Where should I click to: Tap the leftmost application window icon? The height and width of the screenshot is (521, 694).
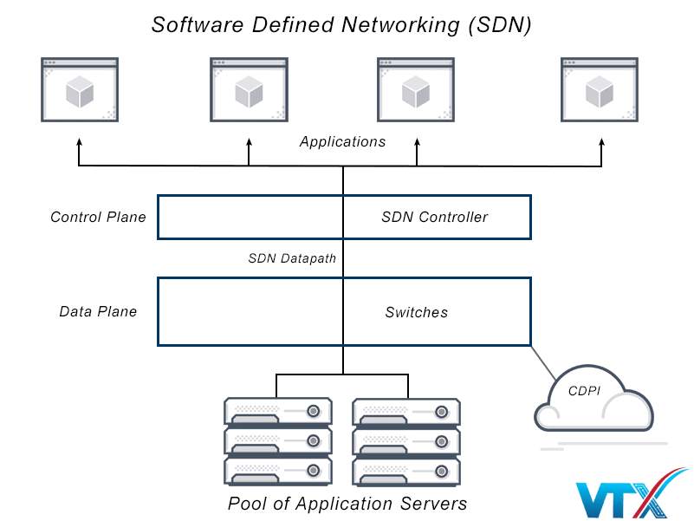tap(80, 89)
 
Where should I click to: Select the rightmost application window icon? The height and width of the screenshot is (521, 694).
tap(600, 89)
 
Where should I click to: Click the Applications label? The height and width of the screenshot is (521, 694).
tap(343, 142)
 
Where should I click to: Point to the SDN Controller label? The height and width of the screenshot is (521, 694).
tap(435, 218)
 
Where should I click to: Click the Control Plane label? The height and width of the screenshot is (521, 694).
tap(98, 218)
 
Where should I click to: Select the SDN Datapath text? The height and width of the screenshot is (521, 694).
tap(292, 258)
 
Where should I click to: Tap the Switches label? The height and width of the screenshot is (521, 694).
tap(417, 312)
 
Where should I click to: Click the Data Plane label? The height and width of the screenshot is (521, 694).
tap(98, 312)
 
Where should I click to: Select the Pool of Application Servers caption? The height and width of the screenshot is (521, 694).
tap(347, 504)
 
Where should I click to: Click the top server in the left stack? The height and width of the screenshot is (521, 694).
tap(277, 410)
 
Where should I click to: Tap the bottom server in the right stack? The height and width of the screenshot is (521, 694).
tap(406, 471)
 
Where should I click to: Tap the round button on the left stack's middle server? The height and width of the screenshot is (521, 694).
tap(314, 440)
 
